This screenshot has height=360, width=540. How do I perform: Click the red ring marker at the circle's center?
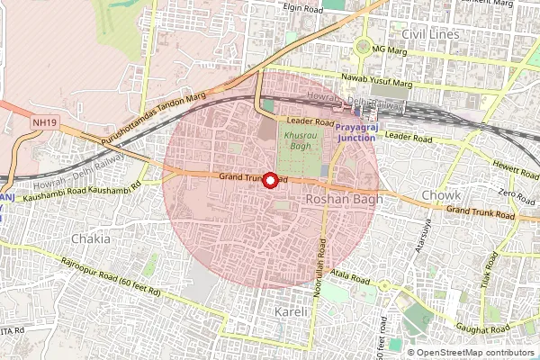268,179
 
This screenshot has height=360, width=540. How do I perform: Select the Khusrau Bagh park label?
300,139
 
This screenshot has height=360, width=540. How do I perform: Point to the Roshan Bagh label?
345,198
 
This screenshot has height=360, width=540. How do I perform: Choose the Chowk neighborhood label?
441,194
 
